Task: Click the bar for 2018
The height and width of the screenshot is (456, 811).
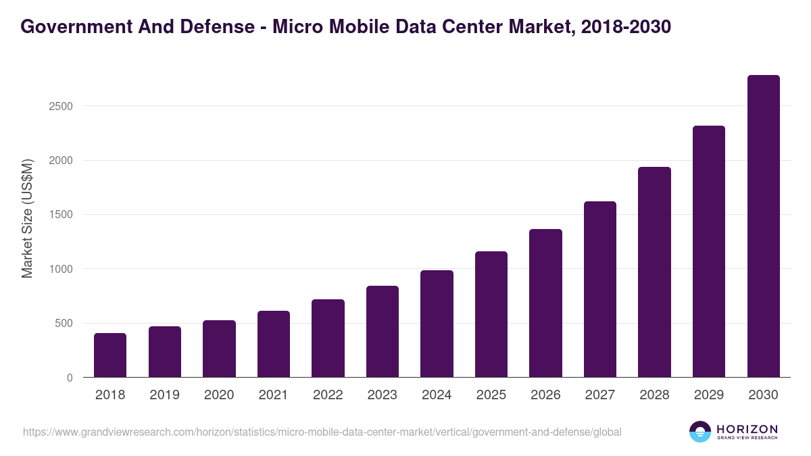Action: [x=110, y=355]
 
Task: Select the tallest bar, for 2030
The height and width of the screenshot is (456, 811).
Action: [x=763, y=226]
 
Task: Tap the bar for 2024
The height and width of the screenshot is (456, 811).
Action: [x=437, y=324]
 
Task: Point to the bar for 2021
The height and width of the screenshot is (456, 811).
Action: [x=274, y=344]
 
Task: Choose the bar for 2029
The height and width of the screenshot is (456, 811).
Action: [x=708, y=251]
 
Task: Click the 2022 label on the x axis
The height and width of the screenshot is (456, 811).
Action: [x=328, y=395]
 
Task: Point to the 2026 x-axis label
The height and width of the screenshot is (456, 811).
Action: [x=545, y=395]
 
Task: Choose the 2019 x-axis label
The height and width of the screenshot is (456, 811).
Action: [x=164, y=395]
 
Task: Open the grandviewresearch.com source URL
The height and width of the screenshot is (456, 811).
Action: [x=322, y=432]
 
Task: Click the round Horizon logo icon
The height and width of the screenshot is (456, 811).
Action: [x=699, y=432]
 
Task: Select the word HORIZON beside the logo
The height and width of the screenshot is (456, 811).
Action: [x=746, y=429]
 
